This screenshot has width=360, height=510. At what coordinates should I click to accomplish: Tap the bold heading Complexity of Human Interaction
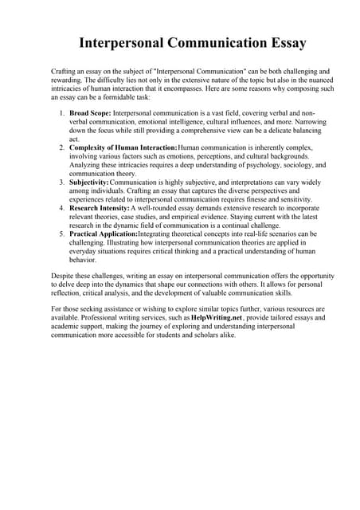point(123,148)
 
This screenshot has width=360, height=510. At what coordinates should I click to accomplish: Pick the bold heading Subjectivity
point(89,182)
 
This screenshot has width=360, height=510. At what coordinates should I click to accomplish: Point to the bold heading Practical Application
point(104,234)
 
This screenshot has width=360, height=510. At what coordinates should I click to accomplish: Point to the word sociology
point(291,165)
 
